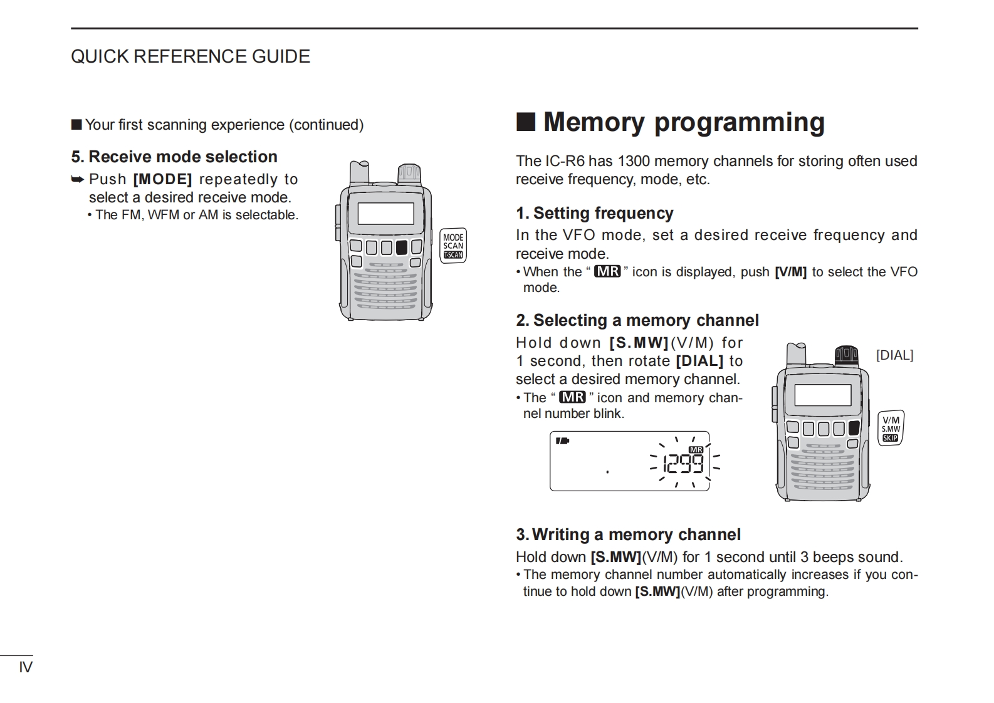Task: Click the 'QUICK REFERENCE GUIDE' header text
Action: coord(190,56)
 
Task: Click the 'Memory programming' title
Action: coord(683,122)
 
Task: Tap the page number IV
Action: coord(26,667)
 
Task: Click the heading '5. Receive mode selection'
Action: coord(174,157)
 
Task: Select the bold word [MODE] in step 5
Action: coord(162,179)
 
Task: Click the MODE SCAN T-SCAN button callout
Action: coord(453,246)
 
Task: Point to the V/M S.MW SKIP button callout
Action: coord(891,429)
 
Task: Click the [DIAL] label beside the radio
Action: coord(894,355)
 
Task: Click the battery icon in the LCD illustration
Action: coord(562,441)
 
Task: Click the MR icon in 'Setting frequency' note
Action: coord(607,271)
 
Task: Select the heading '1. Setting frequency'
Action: coord(594,213)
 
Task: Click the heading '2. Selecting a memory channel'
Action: coord(637,320)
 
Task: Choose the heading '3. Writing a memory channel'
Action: coord(628,534)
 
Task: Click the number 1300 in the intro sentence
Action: coord(633,161)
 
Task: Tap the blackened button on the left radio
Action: coord(401,247)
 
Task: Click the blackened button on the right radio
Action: coord(854,429)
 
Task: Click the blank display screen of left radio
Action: coord(385,214)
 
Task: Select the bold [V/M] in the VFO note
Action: coord(790,272)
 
